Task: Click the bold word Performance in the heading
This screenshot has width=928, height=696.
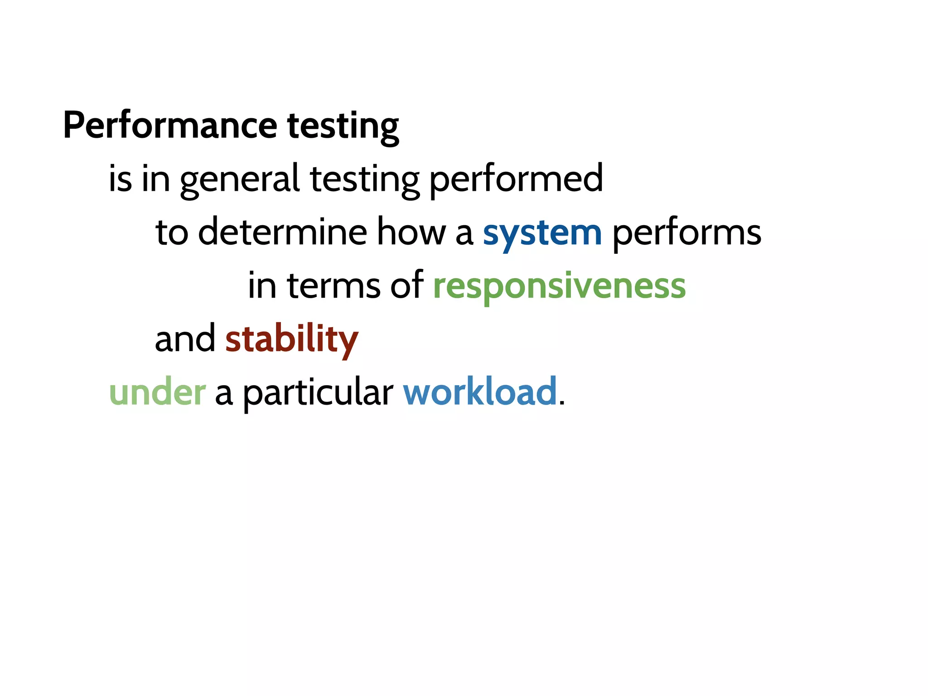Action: (170, 126)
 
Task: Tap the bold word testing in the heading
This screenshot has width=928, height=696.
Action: (343, 126)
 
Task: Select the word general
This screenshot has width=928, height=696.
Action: (240, 180)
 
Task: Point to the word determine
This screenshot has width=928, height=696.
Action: (282, 232)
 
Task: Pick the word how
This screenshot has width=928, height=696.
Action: (411, 232)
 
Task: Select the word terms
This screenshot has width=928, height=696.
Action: (333, 286)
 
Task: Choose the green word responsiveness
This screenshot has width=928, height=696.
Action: (559, 287)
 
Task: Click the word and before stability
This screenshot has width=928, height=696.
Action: (185, 339)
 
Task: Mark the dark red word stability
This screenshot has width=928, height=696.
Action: (292, 340)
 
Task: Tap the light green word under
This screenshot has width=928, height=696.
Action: (157, 392)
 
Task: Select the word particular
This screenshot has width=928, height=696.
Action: (318, 393)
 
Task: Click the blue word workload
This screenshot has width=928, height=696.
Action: (480, 391)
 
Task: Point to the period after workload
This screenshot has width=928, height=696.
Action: (562, 403)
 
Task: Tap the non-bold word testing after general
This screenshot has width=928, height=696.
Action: (365, 180)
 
